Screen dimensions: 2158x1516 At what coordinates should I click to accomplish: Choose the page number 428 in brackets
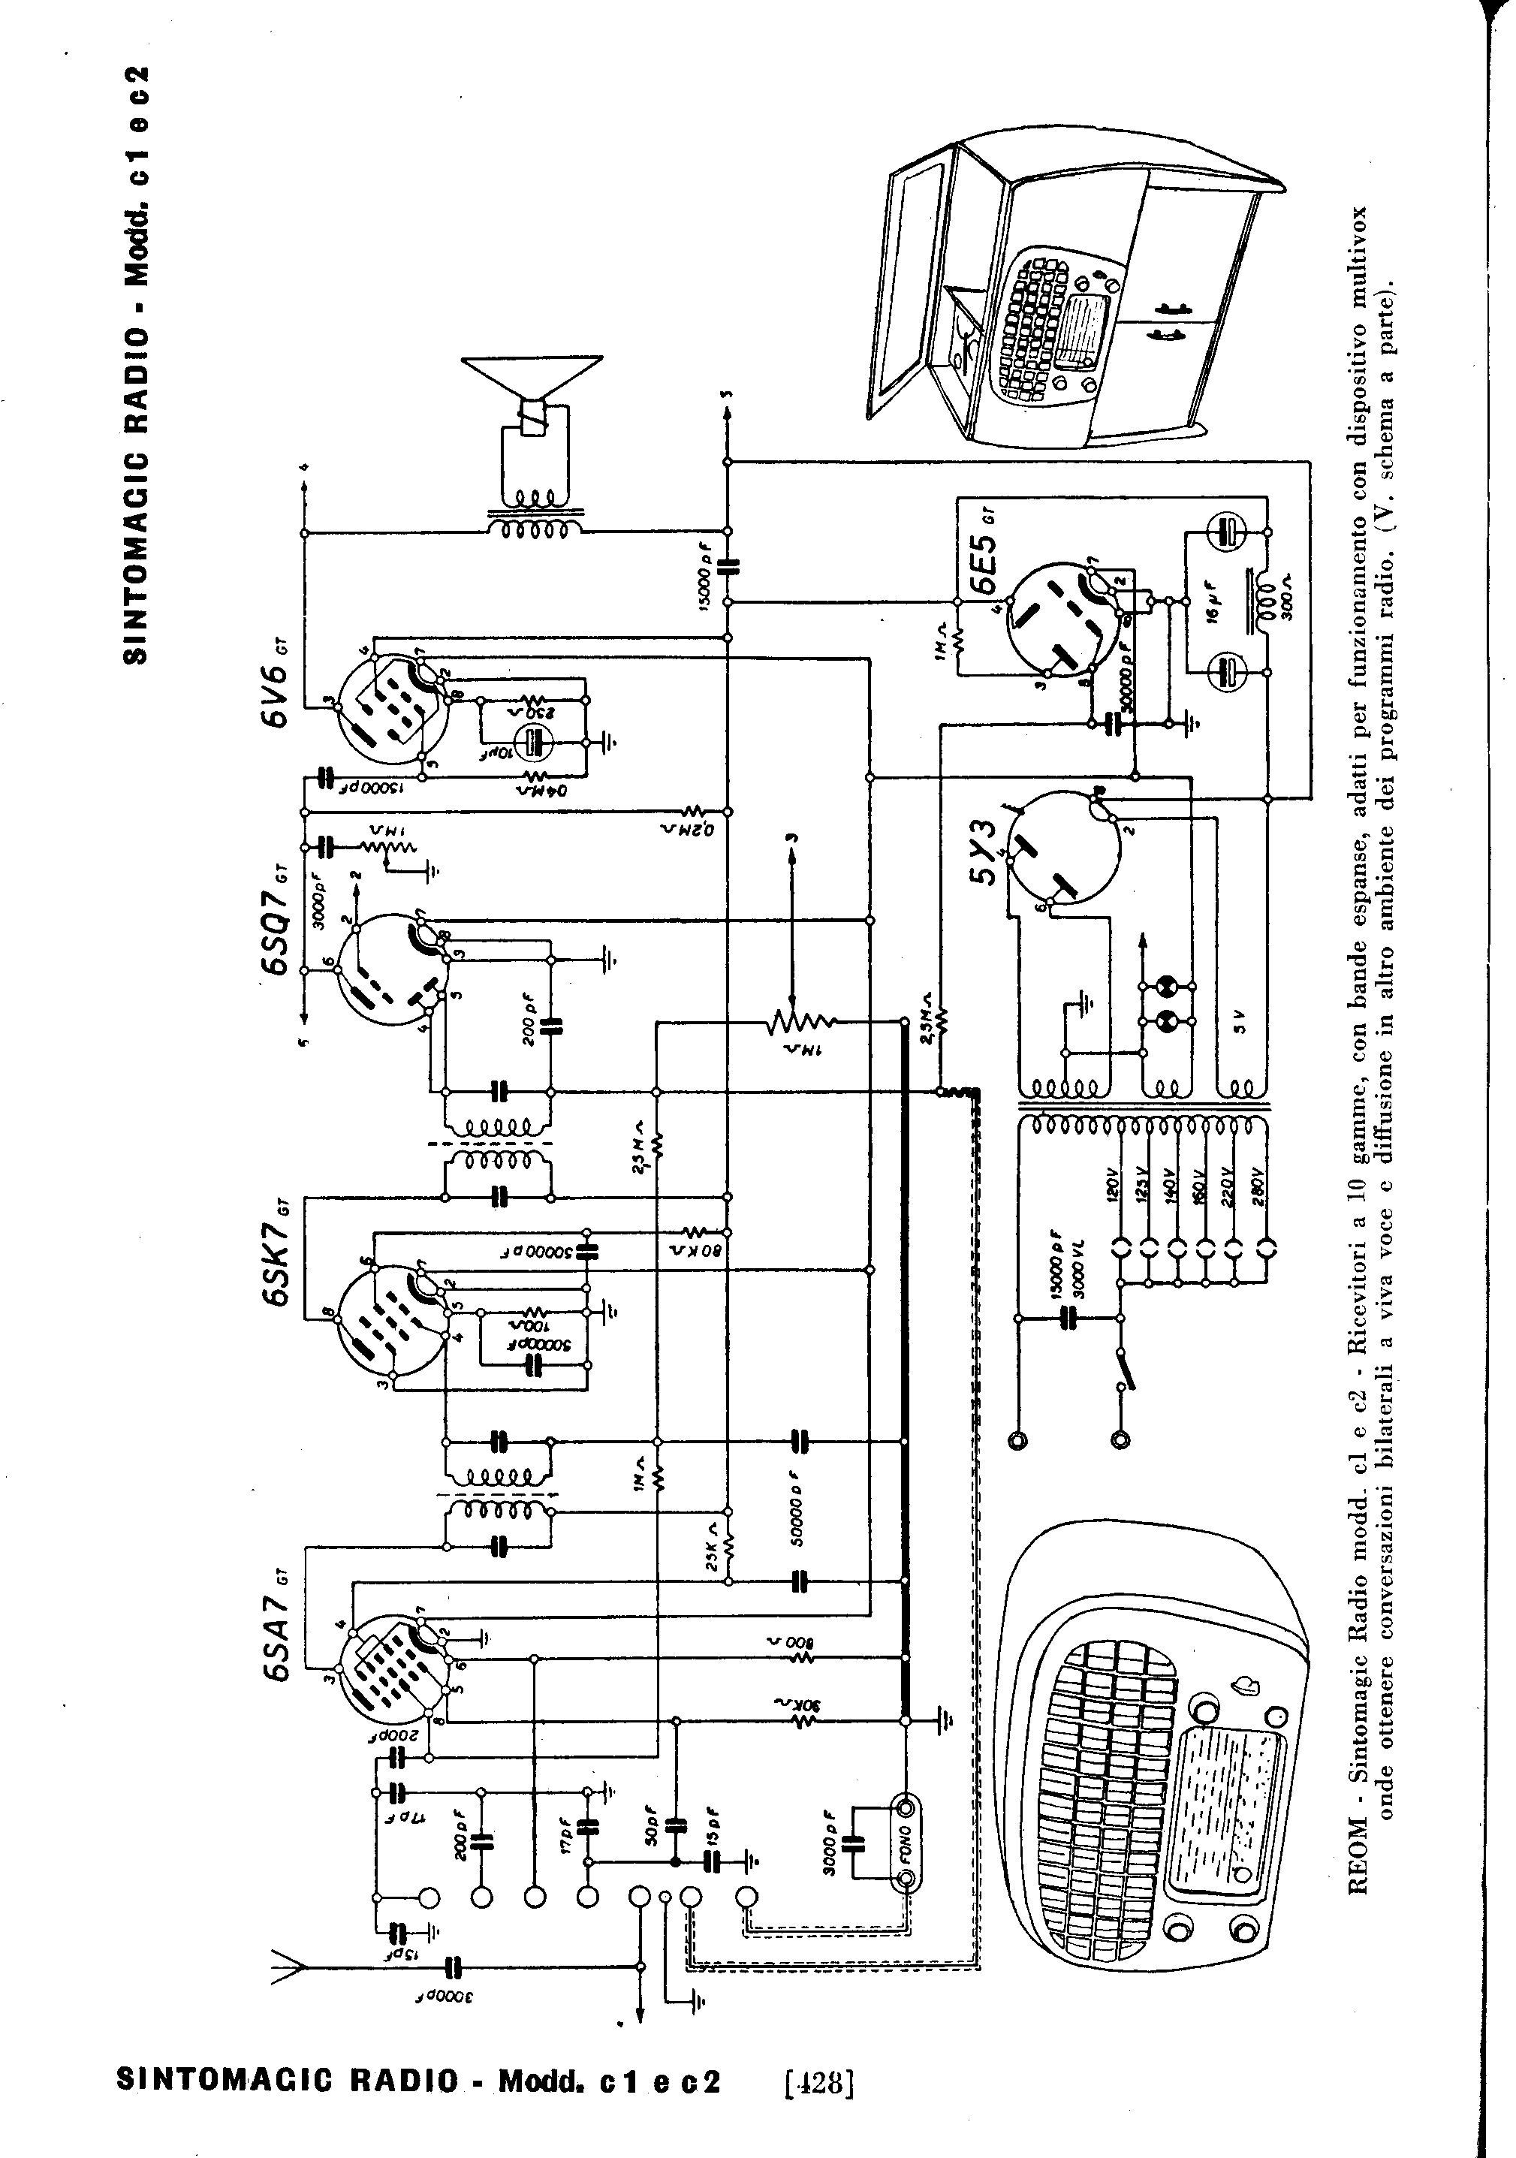click(x=818, y=2080)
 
